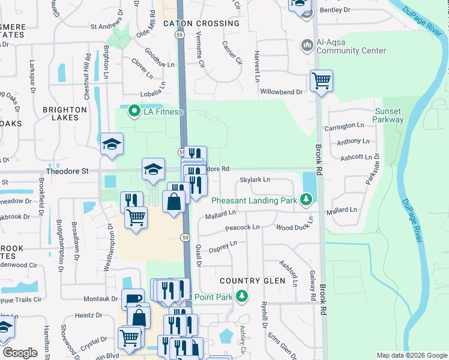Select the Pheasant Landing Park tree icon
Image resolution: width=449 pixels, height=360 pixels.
pos(306,198)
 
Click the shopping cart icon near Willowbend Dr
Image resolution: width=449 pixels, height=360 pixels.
pos(321,80)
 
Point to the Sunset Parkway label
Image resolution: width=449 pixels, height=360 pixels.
pos(388,115)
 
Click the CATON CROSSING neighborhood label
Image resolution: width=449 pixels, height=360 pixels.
pos(201,23)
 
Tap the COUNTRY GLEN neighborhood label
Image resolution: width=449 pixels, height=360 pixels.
pos(247,281)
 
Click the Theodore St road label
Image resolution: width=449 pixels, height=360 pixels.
pos(67,171)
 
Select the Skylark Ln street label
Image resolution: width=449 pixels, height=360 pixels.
pos(255,179)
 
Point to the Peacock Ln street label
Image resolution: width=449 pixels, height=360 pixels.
pos(243,228)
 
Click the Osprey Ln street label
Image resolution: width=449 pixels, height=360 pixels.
pos(223,246)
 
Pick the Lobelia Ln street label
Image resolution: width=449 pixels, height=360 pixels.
pos(152,89)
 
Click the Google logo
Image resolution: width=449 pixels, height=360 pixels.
pos(20,353)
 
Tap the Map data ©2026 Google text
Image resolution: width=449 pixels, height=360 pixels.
pos(411,355)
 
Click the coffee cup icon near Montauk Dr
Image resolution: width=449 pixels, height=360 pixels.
pos(133,299)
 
